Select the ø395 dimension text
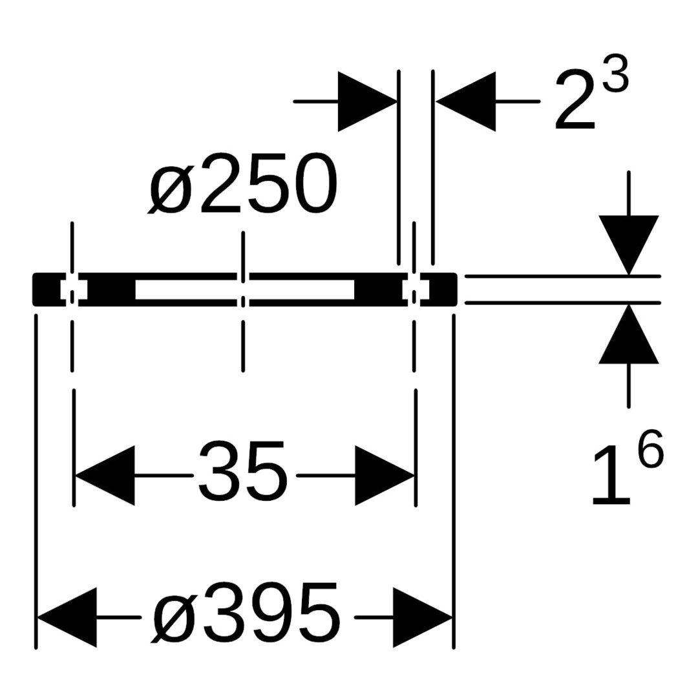coord(246,613)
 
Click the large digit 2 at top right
coord(575,99)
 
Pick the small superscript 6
coord(650,449)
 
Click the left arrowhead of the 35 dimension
coord(105,476)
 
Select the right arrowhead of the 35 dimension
coord(385,476)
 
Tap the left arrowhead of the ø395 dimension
coord(67,617)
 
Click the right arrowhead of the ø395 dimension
coord(423,617)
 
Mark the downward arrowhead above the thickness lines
coord(629,246)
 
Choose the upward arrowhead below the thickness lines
coord(629,334)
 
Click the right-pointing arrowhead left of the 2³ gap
coord(367,101)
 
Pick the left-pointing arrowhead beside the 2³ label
coord(465,101)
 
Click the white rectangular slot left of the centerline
coord(186,290)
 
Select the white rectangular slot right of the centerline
coord(301,290)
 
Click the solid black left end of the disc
coord(47,290)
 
